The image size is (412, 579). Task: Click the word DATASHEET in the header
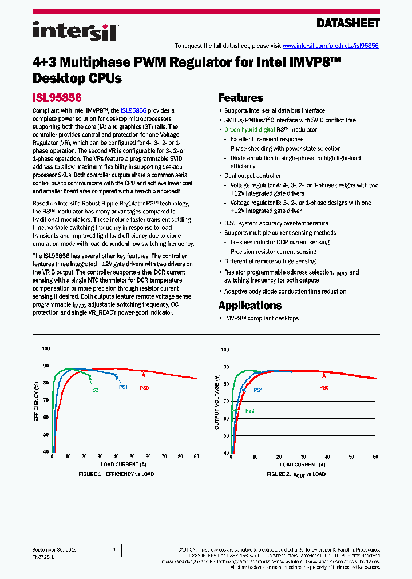click(x=348, y=23)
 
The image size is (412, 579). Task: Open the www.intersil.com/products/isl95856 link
click(x=331, y=46)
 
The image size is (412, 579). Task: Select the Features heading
click(x=241, y=98)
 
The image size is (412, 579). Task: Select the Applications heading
click(x=250, y=306)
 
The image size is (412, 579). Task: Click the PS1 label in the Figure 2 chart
click(x=257, y=390)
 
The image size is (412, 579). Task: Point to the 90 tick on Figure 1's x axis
click(x=196, y=457)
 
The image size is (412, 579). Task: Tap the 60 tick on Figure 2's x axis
click(x=375, y=457)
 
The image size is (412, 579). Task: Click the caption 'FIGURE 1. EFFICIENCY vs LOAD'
click(x=116, y=474)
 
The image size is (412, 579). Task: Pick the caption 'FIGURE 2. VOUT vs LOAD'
click(x=296, y=474)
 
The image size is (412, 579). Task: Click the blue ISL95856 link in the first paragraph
click(x=133, y=110)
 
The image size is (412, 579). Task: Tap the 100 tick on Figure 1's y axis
click(x=46, y=348)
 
